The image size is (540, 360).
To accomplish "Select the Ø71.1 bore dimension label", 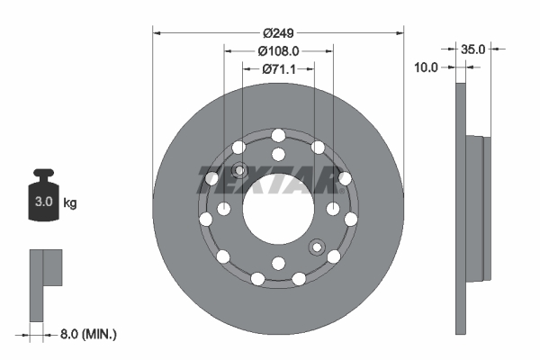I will (278, 68).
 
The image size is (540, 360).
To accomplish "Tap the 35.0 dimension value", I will (473, 49).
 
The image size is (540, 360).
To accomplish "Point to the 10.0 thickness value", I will (426, 67).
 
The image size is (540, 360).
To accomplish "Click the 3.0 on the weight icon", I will (41, 202).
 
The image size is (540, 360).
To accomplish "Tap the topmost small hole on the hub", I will (278, 135).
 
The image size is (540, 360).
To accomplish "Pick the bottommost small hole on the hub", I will (278, 263).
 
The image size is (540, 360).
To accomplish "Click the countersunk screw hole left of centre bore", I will (239, 171).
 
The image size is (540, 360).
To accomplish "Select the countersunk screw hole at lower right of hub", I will (317, 247).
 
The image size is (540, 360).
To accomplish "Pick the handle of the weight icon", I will (41, 175).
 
